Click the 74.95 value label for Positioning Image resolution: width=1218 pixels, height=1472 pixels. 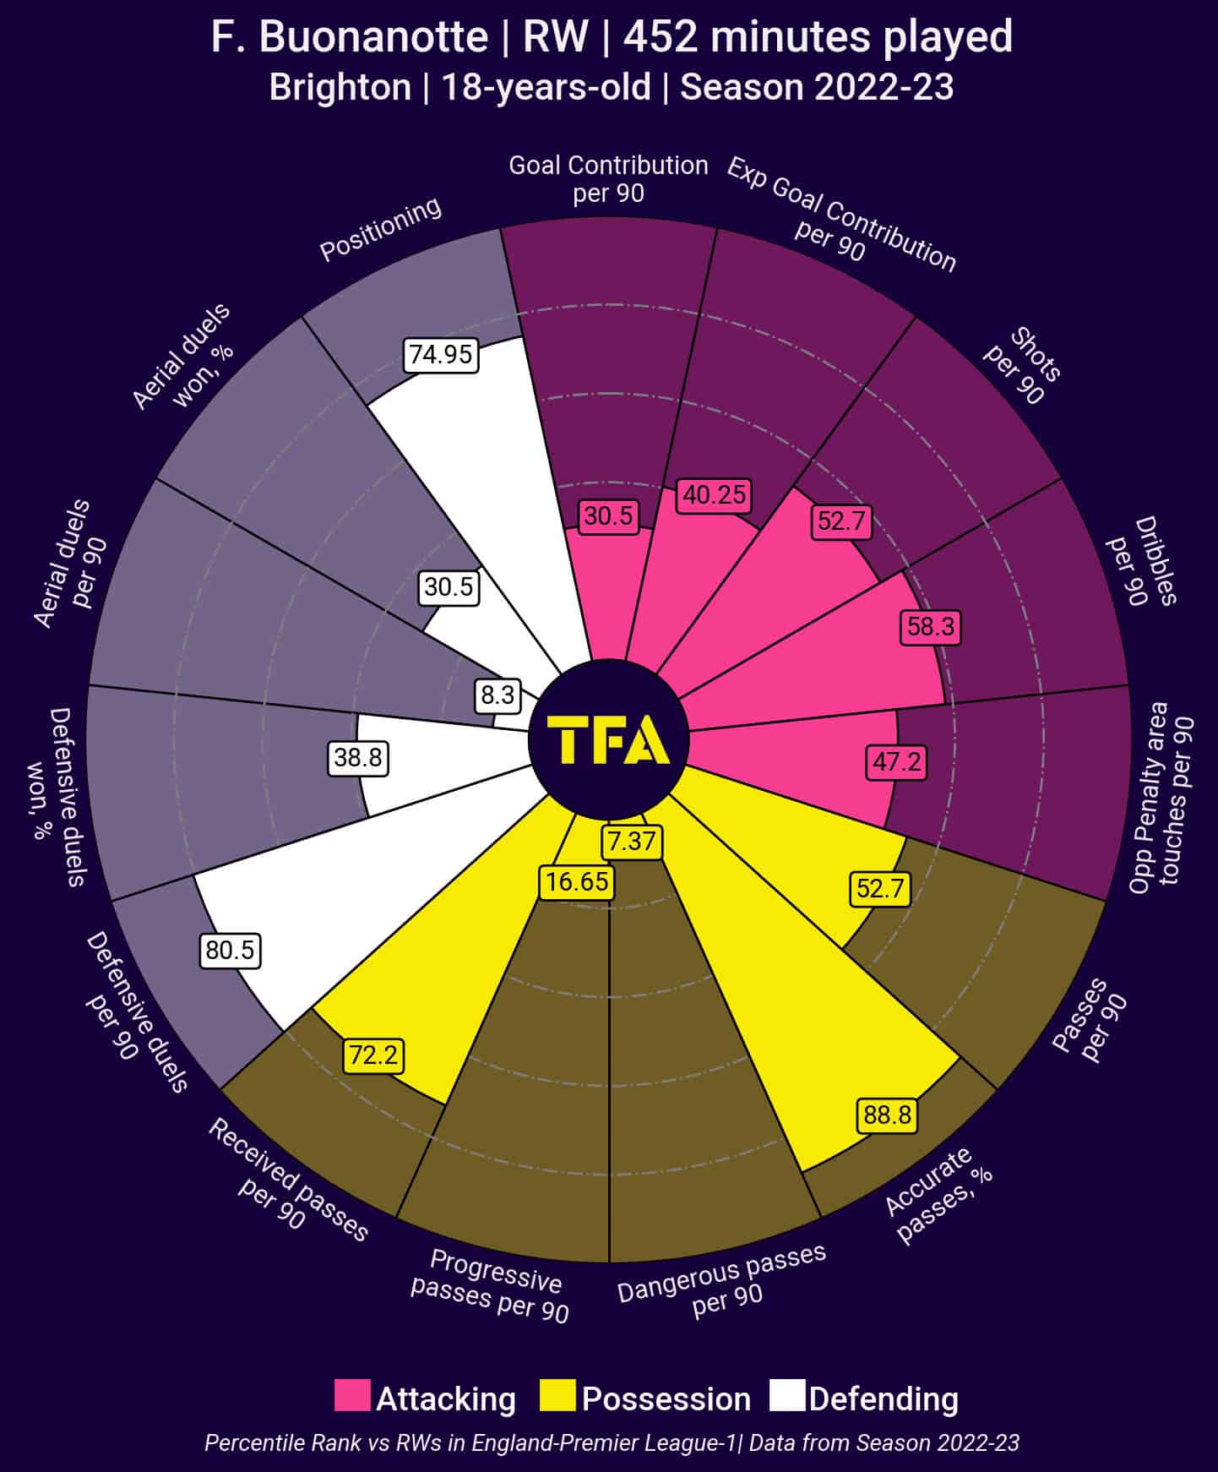click(441, 354)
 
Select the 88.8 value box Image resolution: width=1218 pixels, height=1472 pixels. click(887, 1115)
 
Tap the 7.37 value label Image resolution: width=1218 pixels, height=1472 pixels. click(631, 842)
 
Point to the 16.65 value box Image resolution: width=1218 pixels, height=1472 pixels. click(577, 882)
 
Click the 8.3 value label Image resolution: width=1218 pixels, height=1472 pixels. click(498, 695)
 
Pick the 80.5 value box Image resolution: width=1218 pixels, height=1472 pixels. click(230, 951)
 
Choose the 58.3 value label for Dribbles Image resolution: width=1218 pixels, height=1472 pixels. click(931, 627)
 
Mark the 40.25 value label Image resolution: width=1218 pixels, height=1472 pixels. click(715, 495)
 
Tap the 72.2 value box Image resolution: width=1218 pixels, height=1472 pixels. click(373, 1055)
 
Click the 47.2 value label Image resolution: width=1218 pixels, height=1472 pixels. click(896, 762)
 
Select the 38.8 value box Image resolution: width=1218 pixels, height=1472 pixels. click(358, 758)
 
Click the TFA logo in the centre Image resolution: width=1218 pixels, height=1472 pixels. click(609, 740)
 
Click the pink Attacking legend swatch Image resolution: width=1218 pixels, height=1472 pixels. click(352, 1396)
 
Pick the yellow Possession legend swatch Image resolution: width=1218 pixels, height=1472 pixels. click(557, 1396)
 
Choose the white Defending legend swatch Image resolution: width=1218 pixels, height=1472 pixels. click(787, 1396)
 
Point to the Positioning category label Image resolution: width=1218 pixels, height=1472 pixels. click(380, 229)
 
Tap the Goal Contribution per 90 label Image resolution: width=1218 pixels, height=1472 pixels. click(608, 178)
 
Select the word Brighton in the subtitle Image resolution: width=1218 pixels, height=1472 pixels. click(340, 87)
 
